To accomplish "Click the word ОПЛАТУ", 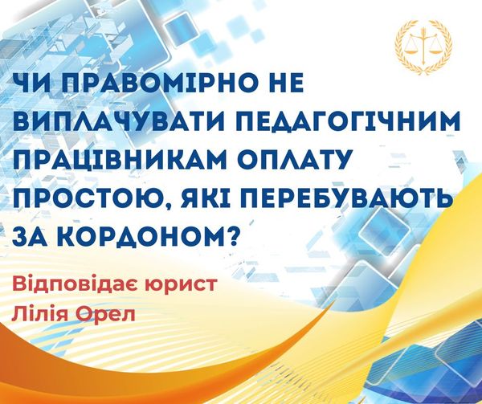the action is point(292,160).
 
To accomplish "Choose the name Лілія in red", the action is point(39,313).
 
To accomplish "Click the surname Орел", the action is point(105,314).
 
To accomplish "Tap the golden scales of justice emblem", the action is point(423,46).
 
